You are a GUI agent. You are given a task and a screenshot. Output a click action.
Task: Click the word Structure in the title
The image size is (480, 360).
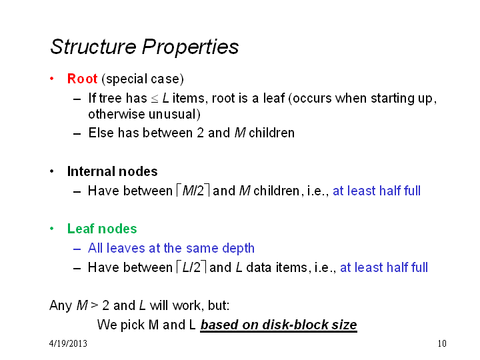point(93,47)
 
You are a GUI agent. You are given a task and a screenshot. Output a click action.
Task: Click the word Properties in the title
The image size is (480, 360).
point(190,48)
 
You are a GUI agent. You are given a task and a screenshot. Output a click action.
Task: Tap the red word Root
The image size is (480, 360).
point(83,79)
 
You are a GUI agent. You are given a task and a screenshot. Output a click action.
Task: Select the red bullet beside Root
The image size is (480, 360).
point(52,79)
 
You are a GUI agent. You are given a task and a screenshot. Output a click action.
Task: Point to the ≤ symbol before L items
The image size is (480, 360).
point(155,99)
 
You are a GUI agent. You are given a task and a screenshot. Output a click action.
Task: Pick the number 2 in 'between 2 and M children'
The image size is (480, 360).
point(200,133)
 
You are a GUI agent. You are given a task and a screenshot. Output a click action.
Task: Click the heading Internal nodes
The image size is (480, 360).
point(113,171)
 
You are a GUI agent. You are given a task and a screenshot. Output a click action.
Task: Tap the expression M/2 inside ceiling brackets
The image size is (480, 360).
point(193,191)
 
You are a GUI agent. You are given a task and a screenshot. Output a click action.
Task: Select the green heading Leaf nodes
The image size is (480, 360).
point(102,229)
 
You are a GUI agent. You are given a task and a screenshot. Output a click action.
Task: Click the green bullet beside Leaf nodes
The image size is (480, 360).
point(52,229)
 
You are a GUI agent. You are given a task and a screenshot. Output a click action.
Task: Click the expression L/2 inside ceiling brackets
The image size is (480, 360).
point(191,267)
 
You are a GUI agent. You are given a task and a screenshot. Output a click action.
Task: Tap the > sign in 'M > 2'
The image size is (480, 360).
point(95,305)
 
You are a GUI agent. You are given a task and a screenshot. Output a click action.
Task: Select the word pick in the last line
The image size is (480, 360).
point(133,325)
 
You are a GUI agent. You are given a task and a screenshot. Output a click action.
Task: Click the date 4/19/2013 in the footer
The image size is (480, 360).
point(68,343)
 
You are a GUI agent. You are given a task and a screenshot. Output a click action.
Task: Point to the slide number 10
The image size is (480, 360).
point(442,343)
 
